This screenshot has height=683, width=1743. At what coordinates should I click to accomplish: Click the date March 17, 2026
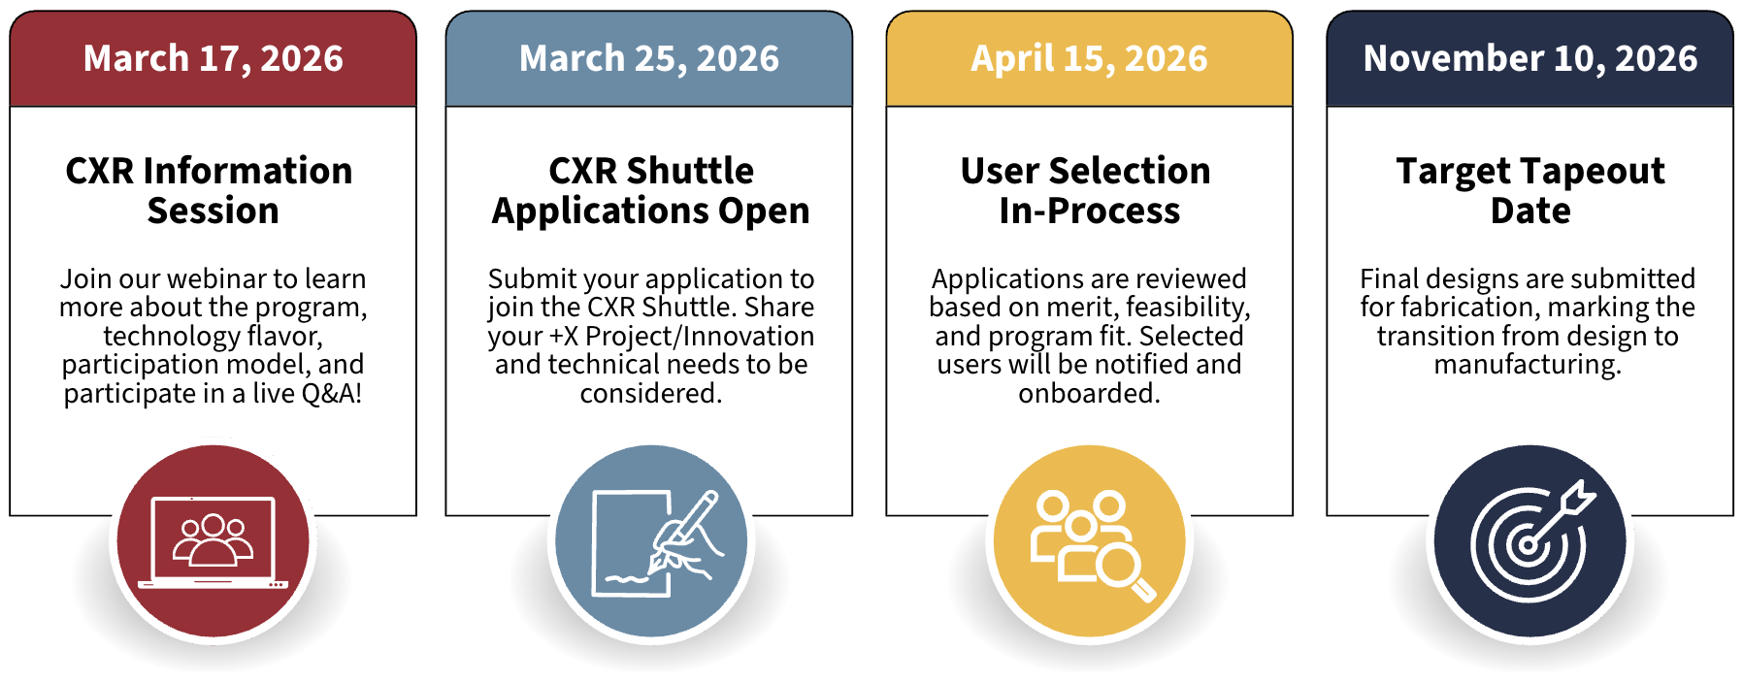pos(213,58)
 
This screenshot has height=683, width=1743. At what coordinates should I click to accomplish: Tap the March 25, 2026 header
pos(648,58)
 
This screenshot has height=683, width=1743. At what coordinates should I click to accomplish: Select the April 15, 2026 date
pos(1089,58)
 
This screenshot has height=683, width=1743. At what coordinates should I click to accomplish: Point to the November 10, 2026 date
pos(1529,58)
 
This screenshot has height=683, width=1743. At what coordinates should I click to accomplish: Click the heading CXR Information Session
pos(210,190)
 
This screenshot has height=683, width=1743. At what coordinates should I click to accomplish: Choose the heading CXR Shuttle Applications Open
pos(650,190)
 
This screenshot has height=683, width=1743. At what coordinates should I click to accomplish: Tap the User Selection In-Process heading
pos(1087,190)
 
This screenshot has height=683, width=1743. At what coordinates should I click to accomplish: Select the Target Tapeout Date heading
pos(1530,190)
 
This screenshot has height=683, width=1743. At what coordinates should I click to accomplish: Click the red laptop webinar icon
pos(213,541)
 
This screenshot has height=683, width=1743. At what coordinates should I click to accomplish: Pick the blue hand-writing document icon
pos(651,541)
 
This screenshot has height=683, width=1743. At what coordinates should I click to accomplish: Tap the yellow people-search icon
pos(1090,541)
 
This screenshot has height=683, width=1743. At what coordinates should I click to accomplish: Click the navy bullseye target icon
pos(1529,541)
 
